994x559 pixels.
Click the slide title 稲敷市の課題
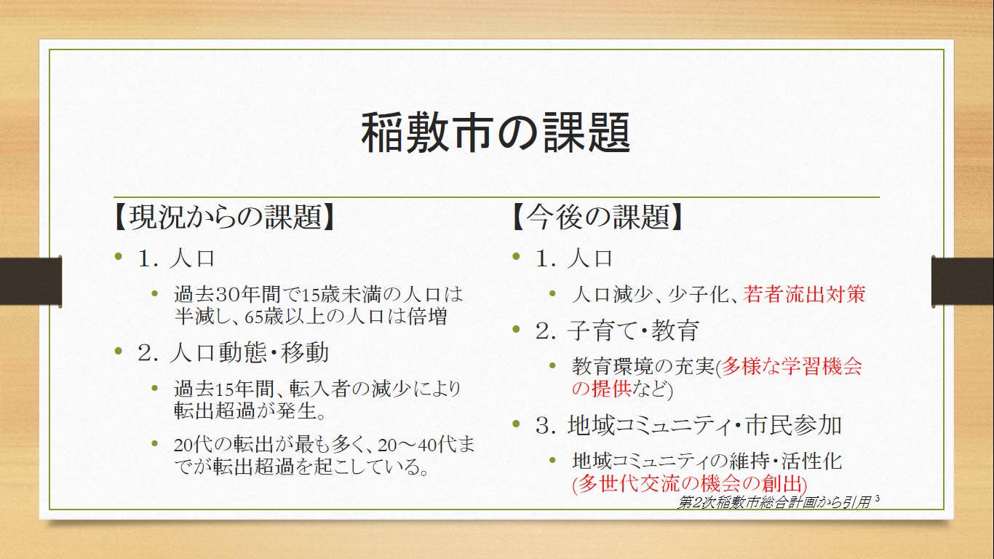point(496,132)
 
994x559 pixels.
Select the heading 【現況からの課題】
point(224,217)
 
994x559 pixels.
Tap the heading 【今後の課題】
point(597,217)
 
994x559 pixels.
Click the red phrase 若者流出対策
point(804,294)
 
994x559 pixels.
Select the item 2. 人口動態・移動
point(234,352)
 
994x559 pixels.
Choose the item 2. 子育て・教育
point(617,330)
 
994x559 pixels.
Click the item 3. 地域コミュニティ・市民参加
point(688,425)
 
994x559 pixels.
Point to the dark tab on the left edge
point(31,281)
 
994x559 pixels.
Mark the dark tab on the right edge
point(963,281)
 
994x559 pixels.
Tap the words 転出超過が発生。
point(250,411)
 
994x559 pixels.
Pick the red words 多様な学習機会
point(791,366)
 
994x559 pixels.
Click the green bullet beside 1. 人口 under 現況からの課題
point(118,256)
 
